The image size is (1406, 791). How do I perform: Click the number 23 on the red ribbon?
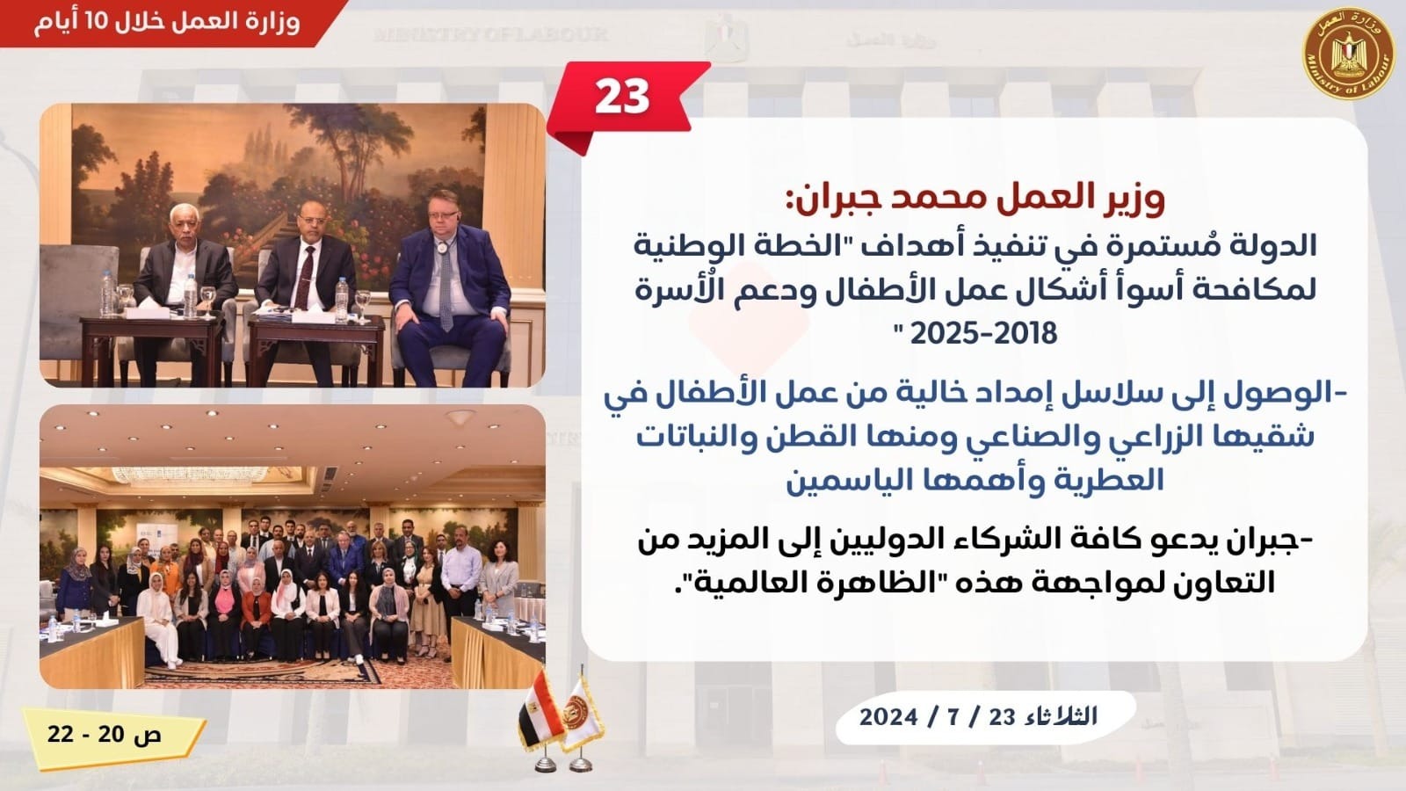(x=621, y=98)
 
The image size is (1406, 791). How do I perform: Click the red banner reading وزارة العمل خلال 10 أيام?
(x=170, y=23)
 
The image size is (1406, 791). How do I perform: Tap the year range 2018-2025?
(x=983, y=333)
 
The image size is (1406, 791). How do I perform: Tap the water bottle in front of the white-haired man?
(x=190, y=295)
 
